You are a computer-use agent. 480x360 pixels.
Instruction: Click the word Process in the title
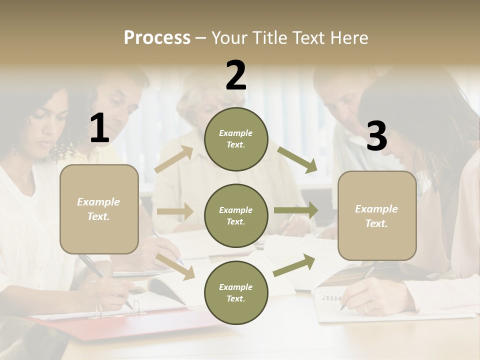pos(157,37)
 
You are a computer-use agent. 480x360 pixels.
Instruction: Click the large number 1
pos(99,128)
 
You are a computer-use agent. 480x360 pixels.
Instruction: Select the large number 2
pos(236,75)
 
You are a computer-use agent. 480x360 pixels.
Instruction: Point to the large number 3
pos(376,136)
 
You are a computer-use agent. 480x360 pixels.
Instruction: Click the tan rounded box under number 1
pos(99,209)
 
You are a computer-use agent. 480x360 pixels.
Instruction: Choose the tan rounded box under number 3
pos(377,215)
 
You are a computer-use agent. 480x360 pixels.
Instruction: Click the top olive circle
pos(236,139)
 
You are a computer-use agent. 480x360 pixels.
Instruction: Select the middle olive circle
pos(236,215)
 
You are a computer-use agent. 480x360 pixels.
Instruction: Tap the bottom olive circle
pos(236,292)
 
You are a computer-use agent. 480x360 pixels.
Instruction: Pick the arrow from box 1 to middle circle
pos(175,211)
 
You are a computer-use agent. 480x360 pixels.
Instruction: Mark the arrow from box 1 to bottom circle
pos(175,266)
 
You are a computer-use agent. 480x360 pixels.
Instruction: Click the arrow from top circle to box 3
pos(297,160)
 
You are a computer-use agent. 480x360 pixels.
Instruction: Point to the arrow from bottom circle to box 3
pos(294,265)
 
